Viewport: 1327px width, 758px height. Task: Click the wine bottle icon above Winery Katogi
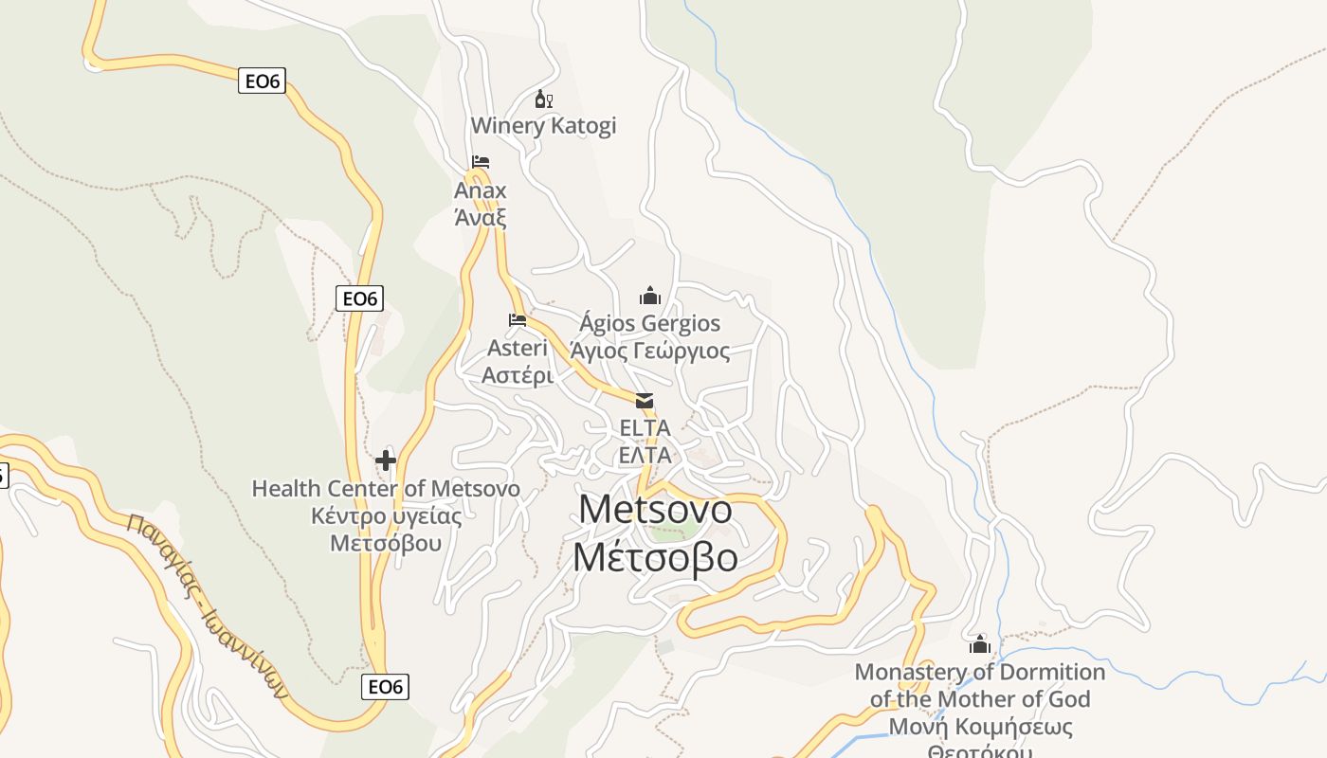click(543, 99)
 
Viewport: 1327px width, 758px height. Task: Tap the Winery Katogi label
click(543, 125)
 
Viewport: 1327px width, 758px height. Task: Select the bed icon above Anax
click(481, 162)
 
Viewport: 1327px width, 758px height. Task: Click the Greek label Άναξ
click(481, 217)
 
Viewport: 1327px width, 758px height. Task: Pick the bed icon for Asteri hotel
click(518, 319)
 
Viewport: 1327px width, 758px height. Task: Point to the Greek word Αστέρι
click(518, 375)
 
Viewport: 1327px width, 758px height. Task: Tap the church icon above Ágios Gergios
click(649, 296)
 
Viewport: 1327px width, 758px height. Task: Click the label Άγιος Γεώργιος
click(650, 352)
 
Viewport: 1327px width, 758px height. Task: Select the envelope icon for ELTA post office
click(645, 401)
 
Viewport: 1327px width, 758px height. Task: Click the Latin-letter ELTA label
click(645, 428)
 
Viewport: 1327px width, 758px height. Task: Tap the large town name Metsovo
click(656, 509)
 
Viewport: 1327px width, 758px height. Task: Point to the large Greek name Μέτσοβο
click(656, 557)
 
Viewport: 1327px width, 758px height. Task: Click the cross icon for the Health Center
click(386, 460)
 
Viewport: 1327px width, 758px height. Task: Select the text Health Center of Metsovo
click(386, 489)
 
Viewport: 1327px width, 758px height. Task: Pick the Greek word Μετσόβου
click(386, 543)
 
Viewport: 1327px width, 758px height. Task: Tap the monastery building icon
click(979, 645)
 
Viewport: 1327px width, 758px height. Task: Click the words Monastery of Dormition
click(980, 673)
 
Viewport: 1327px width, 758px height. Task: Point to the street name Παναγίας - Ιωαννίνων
click(206, 606)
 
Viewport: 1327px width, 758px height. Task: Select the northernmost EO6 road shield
click(263, 81)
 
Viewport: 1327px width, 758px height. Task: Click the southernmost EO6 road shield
click(385, 687)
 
